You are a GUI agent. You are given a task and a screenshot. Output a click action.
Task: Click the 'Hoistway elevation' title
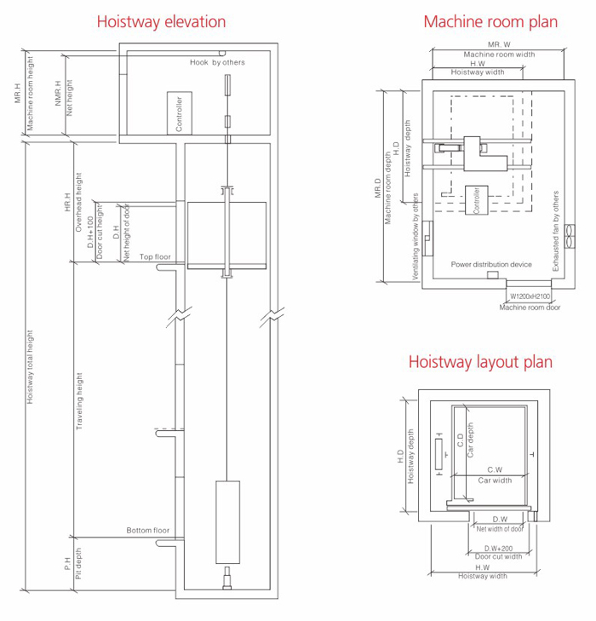pyautogui.click(x=161, y=22)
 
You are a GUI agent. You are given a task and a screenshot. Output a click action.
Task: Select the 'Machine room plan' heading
pyautogui.click(x=490, y=22)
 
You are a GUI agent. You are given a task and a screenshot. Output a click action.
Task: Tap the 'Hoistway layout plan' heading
pyautogui.click(x=480, y=362)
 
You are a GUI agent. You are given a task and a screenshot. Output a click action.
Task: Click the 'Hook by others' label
pyautogui.click(x=217, y=62)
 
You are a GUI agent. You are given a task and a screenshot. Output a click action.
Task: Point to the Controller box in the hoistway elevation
pyautogui.click(x=180, y=113)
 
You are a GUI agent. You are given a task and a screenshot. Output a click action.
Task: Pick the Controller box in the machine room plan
pyautogui.click(x=477, y=200)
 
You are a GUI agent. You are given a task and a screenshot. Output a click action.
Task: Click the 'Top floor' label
pyautogui.click(x=155, y=256)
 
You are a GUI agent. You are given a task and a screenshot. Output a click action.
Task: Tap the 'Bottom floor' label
pyautogui.click(x=148, y=531)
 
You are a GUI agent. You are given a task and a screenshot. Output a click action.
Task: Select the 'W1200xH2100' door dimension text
pyautogui.click(x=530, y=296)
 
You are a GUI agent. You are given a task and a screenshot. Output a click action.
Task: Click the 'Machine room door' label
pyautogui.click(x=530, y=308)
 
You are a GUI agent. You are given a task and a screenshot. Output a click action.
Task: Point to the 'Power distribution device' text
pyautogui.click(x=491, y=264)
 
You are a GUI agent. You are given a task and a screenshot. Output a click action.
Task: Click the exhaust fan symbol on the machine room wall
pyautogui.click(x=570, y=237)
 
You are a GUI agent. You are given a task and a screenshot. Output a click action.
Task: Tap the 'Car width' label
pyautogui.click(x=495, y=480)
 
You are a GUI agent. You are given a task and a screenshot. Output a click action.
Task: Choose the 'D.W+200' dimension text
pyautogui.click(x=498, y=549)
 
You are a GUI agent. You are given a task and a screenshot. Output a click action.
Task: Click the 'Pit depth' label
pyautogui.click(x=78, y=564)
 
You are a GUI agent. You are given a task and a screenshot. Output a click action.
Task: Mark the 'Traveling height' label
pyautogui.click(x=79, y=401)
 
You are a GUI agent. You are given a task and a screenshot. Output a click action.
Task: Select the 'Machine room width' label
pyautogui.click(x=499, y=55)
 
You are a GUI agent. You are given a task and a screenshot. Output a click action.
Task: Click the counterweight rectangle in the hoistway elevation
pyautogui.click(x=227, y=522)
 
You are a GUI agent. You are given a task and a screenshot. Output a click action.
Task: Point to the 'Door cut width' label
pyautogui.click(x=498, y=556)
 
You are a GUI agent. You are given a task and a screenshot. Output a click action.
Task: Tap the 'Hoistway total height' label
pyautogui.click(x=30, y=367)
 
